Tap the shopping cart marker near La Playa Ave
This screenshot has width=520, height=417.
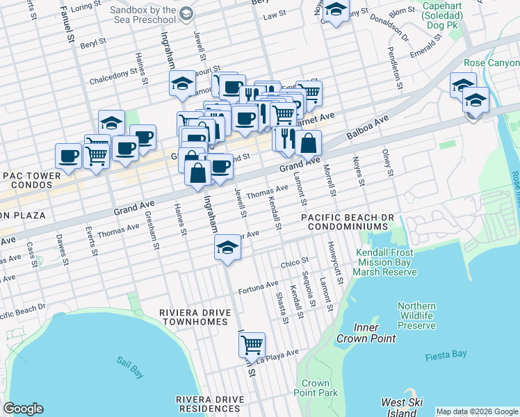click(251, 344)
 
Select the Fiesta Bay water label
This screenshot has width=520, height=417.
click(446, 356)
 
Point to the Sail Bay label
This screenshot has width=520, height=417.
click(129, 368)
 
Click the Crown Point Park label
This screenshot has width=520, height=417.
click(316, 388)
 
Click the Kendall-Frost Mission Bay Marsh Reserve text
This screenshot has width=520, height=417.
click(387, 262)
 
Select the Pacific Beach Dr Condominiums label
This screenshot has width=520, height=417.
click(348, 222)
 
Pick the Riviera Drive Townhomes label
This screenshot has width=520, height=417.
click(193, 317)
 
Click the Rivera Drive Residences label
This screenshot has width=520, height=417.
click(210, 404)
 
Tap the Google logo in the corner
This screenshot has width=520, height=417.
click(23, 409)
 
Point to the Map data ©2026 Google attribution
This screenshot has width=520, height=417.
click(476, 411)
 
